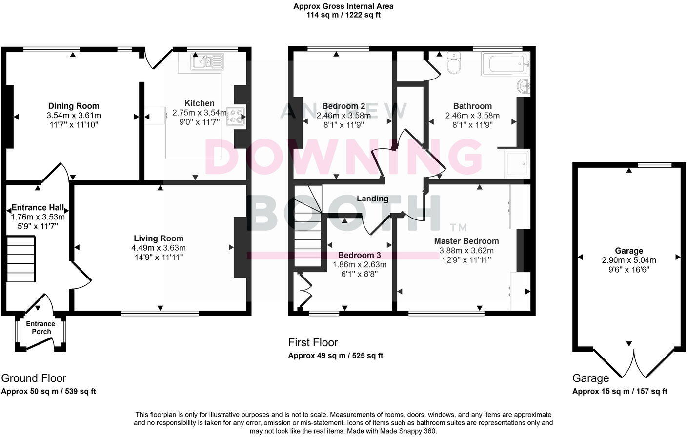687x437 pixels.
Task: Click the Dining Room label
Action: coord(74,106)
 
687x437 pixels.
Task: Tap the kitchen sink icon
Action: coord(208,61)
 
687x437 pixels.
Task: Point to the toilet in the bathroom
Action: coord(453,63)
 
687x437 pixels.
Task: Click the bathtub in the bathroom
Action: coord(505,64)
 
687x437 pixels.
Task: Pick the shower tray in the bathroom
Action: coord(517,163)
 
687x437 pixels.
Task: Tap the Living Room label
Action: coord(159,238)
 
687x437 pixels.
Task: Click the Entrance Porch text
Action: coord(40,328)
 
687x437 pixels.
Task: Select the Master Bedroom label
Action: coord(466,241)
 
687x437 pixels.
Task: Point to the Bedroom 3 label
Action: coord(359,255)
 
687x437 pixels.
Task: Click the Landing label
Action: coord(372,199)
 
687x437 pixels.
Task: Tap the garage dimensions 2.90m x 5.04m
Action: coord(629,260)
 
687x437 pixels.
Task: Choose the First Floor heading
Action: coord(313,342)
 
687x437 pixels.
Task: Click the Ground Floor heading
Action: coord(34,378)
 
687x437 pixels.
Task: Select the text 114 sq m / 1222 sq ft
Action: coord(343,15)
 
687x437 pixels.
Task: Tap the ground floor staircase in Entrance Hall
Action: coord(21,259)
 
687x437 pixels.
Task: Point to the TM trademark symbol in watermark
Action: coord(459,227)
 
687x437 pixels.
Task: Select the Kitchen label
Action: coord(199,103)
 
